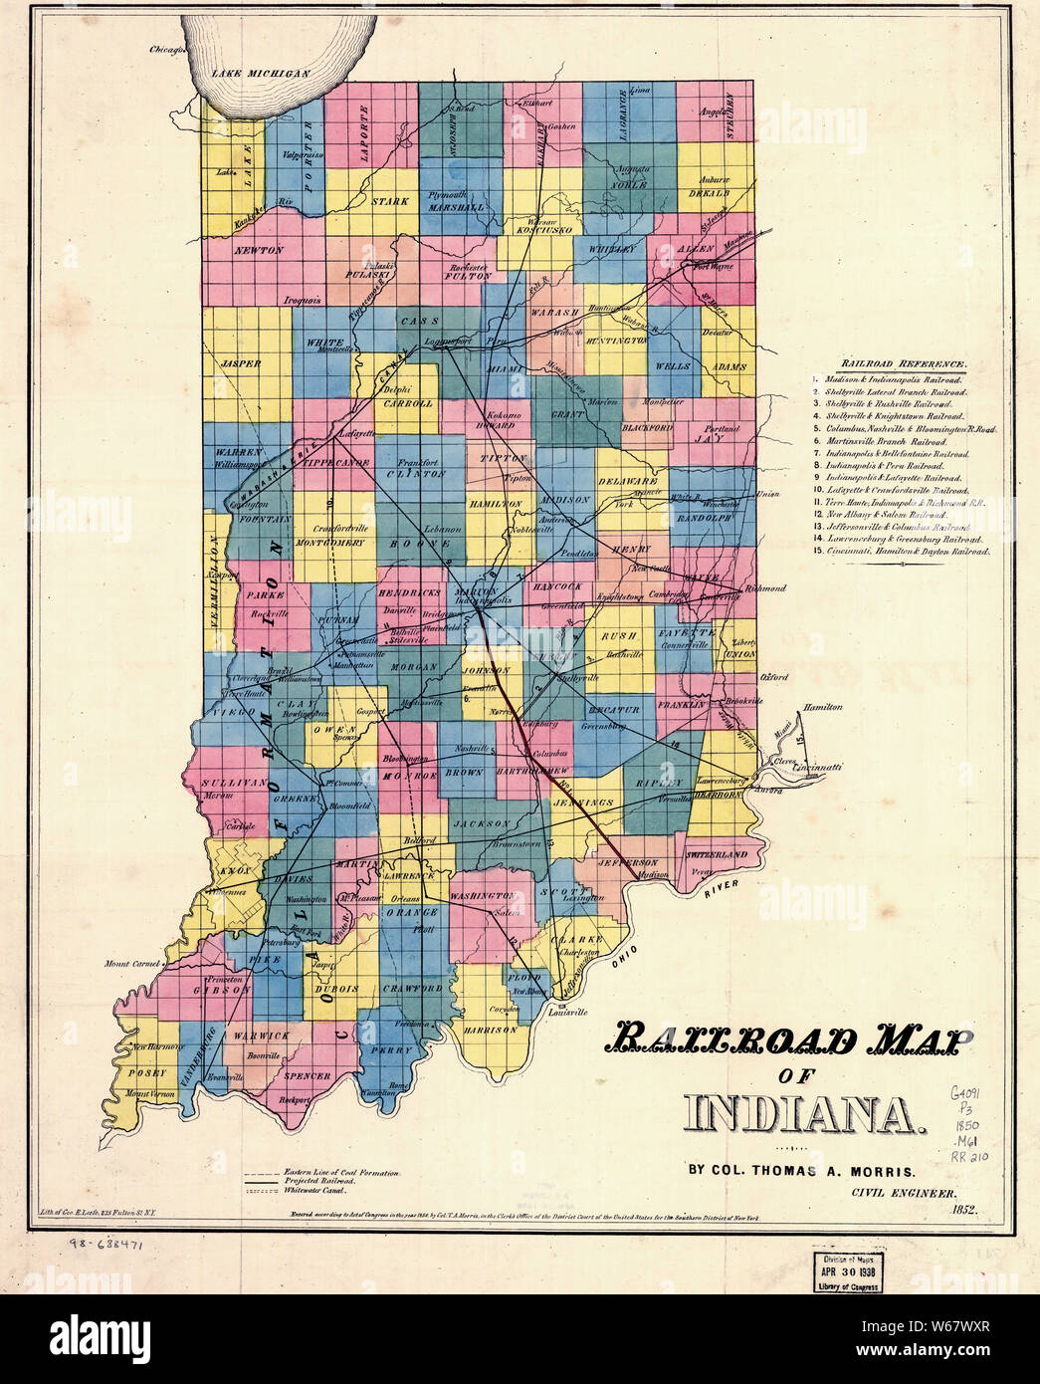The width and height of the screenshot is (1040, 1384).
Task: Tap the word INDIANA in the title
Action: (804, 1113)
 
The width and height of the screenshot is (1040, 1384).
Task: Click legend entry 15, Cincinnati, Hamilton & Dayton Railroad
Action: (901, 551)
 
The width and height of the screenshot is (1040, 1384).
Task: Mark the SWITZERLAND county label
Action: (716, 855)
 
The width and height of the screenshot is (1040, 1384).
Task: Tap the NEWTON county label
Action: (259, 251)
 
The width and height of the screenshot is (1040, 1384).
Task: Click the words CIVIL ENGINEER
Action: (904, 1192)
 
